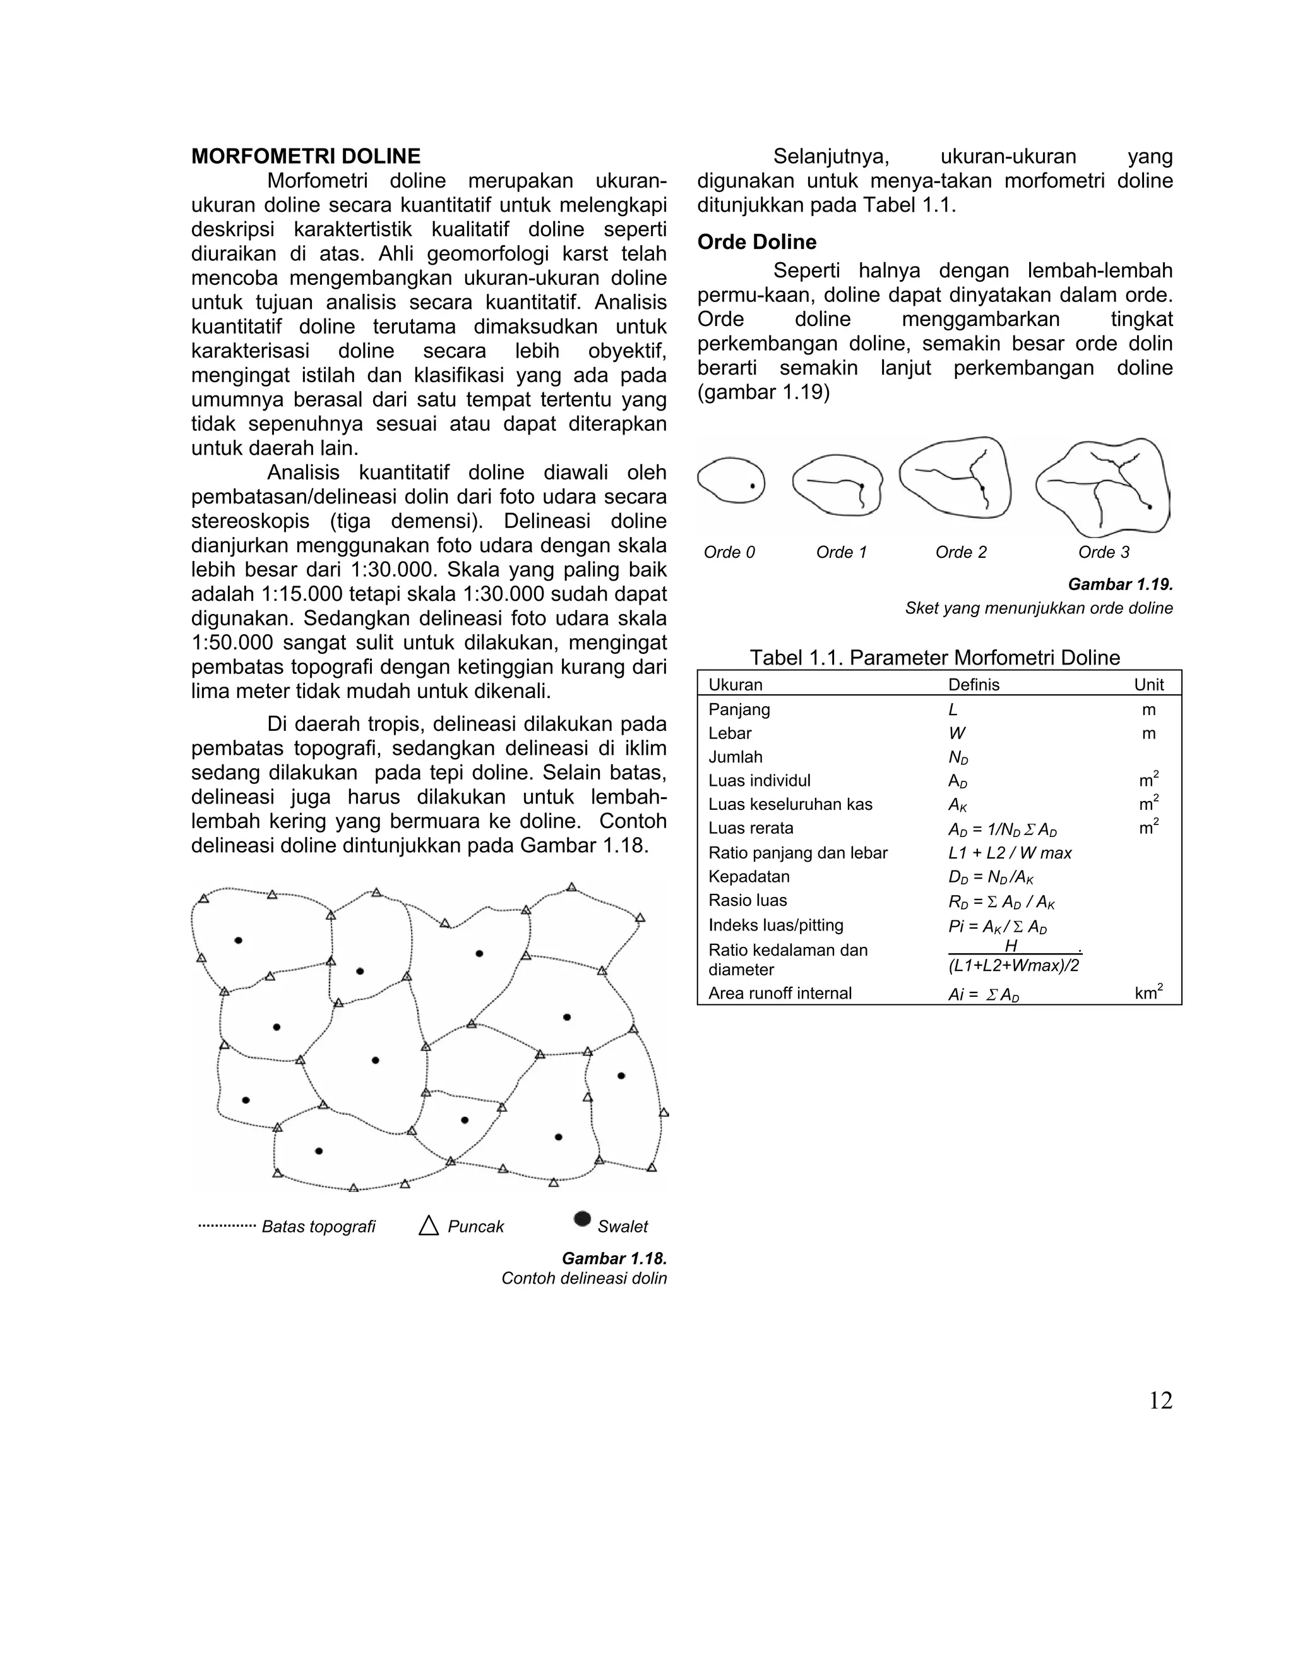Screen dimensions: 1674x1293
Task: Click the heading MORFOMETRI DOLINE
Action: click(306, 157)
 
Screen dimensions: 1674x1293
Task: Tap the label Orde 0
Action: click(729, 552)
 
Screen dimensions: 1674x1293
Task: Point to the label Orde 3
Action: click(1103, 552)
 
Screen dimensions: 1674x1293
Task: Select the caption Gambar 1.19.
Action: click(1120, 584)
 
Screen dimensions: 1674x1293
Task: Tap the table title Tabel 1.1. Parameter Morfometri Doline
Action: click(934, 658)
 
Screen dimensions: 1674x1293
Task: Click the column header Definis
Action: click(973, 685)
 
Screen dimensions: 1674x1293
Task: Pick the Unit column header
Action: click(1148, 685)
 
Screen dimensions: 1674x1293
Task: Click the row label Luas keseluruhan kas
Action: click(790, 804)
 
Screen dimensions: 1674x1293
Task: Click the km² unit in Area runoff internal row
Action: click(1148, 994)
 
